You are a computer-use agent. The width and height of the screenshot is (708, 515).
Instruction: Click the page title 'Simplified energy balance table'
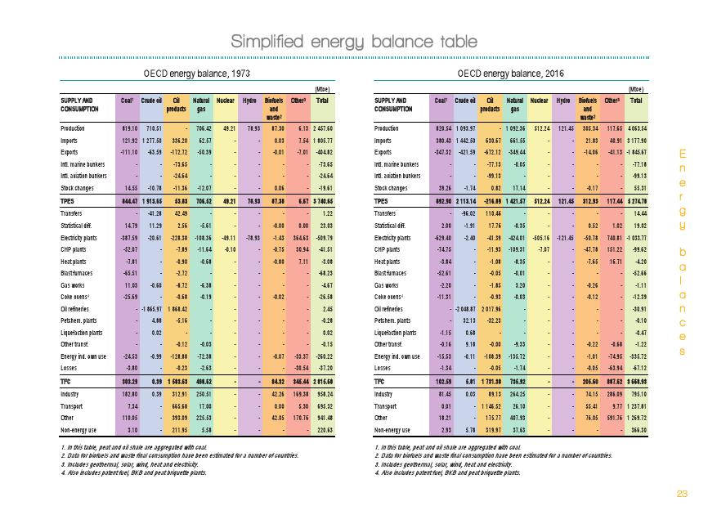tap(353, 41)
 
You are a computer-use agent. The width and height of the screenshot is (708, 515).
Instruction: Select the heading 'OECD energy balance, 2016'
tap(510, 74)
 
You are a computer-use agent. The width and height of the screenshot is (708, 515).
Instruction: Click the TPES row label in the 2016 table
tap(383, 201)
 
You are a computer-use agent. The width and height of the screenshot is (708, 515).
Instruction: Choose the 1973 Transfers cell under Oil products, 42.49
tap(180, 213)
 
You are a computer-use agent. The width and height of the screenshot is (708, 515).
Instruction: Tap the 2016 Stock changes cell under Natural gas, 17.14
tap(518, 188)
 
